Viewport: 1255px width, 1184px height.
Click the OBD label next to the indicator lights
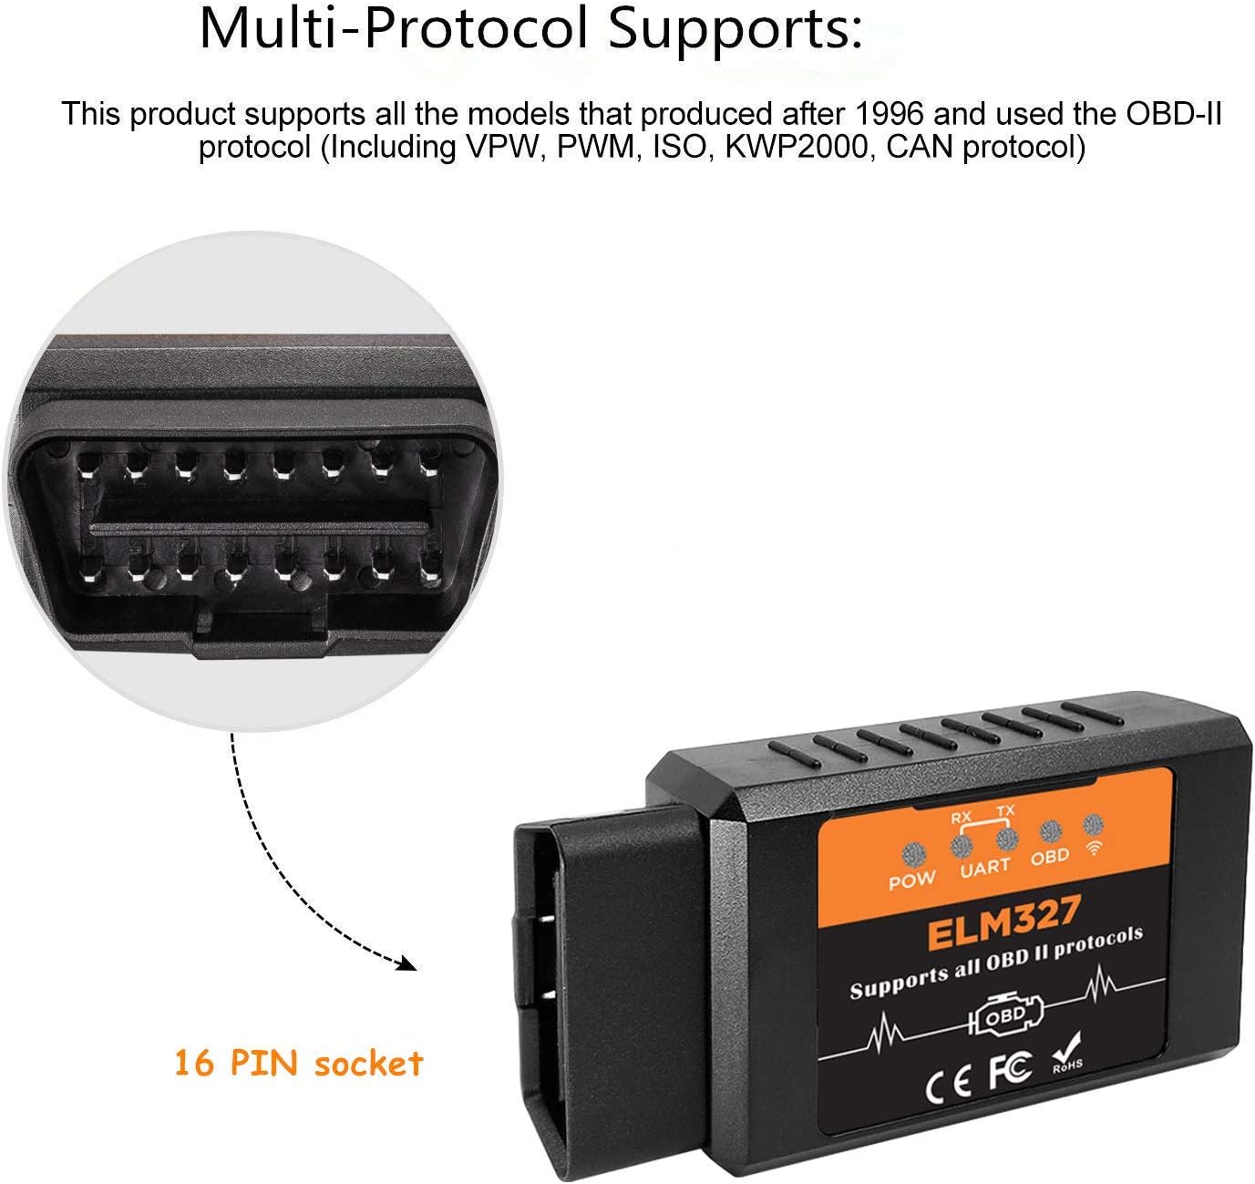click(x=1050, y=858)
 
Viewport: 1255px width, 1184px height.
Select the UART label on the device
click(x=984, y=869)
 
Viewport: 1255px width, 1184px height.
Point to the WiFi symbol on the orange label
click(x=1094, y=849)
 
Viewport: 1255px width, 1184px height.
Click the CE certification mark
click(x=948, y=1085)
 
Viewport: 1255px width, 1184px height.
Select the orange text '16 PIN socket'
click(x=299, y=1064)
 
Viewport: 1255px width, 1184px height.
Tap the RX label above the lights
click(x=961, y=818)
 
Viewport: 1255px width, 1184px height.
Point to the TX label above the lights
click(x=1005, y=810)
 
